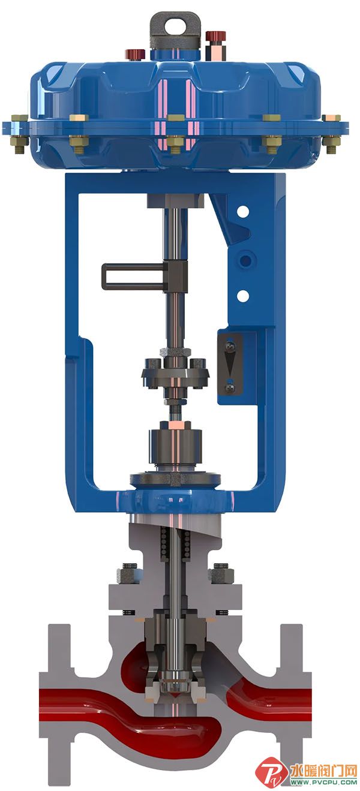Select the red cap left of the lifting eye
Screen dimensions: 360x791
[x=136, y=54]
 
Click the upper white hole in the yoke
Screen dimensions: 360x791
[x=243, y=212]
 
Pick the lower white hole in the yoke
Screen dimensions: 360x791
[x=243, y=295]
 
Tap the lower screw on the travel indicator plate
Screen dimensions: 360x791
[x=230, y=387]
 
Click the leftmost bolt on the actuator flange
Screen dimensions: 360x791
[x=20, y=134]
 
